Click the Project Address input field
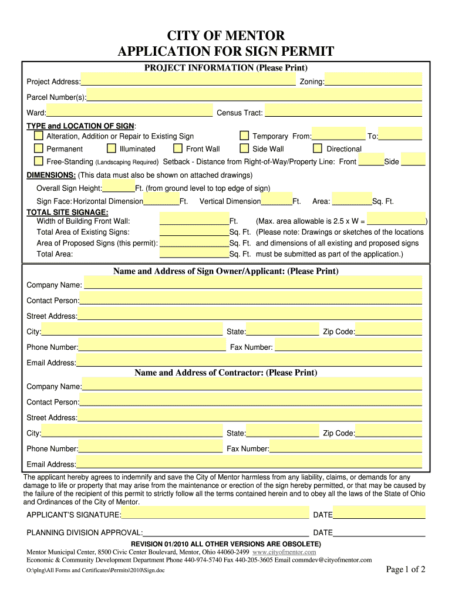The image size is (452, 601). (x=188, y=80)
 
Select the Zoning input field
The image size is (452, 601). (x=373, y=80)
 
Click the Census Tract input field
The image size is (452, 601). (x=343, y=112)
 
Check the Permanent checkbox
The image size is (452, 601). (x=38, y=148)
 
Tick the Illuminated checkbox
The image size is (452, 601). (x=112, y=148)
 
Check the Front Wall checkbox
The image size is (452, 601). (x=178, y=148)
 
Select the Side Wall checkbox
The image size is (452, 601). (x=244, y=148)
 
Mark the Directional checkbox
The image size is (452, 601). (x=318, y=148)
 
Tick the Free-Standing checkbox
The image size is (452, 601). (x=38, y=161)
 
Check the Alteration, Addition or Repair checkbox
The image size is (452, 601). (x=38, y=136)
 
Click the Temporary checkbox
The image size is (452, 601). (x=244, y=136)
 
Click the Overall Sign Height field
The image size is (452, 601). (x=119, y=188)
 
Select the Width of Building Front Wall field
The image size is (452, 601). (x=194, y=221)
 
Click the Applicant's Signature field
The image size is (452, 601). (x=215, y=514)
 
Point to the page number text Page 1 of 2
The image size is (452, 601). (x=405, y=569)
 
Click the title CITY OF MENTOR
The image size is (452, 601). (x=226, y=36)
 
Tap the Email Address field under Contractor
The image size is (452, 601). (x=249, y=463)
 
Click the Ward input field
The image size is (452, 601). (x=130, y=112)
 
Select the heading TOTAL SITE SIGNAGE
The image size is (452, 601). (x=68, y=211)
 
